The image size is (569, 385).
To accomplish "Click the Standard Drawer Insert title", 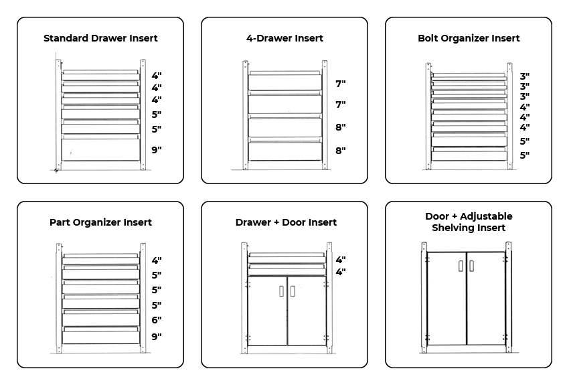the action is click(100, 38).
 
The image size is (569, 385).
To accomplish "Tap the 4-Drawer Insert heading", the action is click(284, 38).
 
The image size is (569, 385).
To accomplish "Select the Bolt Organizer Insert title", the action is click(469, 38).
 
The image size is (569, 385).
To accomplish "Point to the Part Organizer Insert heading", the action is click(100, 222).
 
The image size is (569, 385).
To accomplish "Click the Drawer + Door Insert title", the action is click(286, 222).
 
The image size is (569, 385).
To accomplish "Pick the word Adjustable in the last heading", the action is click(486, 216).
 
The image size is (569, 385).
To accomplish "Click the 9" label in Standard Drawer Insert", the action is click(157, 149).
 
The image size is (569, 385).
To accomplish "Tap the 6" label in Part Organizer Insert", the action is click(157, 320).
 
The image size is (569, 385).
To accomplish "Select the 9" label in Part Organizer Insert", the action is click(157, 336).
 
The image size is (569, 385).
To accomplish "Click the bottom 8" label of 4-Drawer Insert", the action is click(340, 150).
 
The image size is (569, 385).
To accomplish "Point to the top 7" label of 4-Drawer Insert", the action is click(340, 84).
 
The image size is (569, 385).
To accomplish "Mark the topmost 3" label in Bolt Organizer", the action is click(524, 76).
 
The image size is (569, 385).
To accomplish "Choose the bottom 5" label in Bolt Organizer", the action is click(524, 155).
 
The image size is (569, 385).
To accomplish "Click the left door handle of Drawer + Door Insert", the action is click(281, 291).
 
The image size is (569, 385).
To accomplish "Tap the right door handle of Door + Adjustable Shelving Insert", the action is click(471, 266).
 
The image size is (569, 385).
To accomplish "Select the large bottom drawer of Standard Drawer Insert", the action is click(101, 149).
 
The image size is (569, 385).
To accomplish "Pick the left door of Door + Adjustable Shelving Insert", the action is click(446, 298).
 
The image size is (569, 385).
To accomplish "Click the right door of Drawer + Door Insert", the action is click(307, 311).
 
